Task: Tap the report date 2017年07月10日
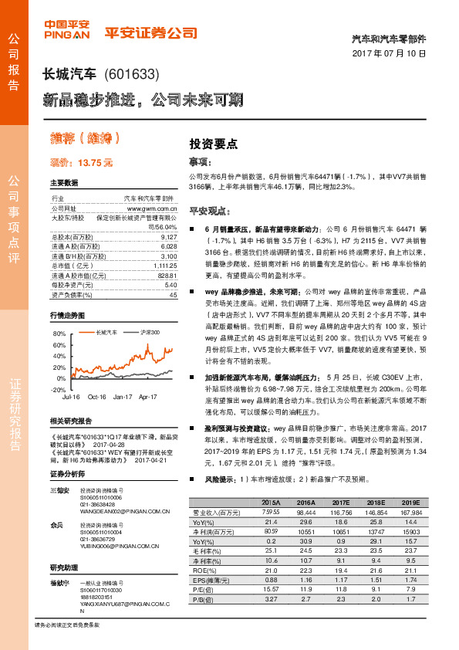click(x=395, y=54)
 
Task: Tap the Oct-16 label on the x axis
click(x=96, y=397)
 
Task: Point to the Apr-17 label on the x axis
click(x=147, y=397)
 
